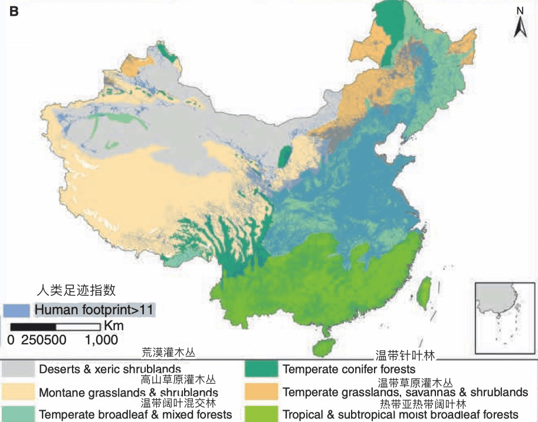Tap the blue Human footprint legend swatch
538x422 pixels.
(x=16, y=309)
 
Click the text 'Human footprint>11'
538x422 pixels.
(x=95, y=309)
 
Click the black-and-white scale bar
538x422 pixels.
(x=56, y=327)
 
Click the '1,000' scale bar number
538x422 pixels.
(x=101, y=340)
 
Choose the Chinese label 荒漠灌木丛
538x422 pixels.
(x=168, y=352)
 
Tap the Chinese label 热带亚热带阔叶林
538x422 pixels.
(x=423, y=404)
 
